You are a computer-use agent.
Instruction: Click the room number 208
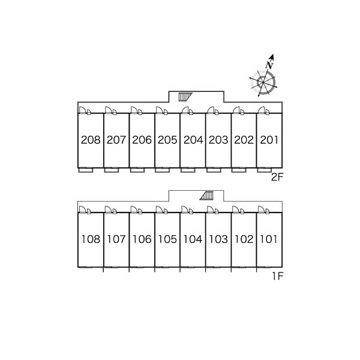[91, 140]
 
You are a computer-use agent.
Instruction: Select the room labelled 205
[167, 140]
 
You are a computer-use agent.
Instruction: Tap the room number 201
[269, 140]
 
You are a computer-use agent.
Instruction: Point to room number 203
[218, 140]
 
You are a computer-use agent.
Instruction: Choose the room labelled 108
[91, 239]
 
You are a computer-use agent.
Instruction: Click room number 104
[193, 239]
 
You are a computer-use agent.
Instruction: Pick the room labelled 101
[269, 239]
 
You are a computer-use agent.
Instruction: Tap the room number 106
[142, 239]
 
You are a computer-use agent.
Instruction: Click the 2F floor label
[277, 177]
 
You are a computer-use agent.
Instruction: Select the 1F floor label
[278, 276]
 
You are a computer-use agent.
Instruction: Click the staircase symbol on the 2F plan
[185, 97]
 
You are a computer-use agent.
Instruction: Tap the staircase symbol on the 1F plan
[206, 196]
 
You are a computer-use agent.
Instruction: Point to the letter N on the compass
[269, 65]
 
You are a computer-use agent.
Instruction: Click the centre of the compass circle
[263, 82]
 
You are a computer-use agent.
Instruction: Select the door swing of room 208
[82, 110]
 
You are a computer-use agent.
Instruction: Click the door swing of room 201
[261, 110]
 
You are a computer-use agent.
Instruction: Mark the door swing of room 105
[159, 209]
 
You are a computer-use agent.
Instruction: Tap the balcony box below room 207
[112, 170]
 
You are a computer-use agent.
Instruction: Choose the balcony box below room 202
[239, 170]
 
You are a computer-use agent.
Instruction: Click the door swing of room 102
[236, 209]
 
